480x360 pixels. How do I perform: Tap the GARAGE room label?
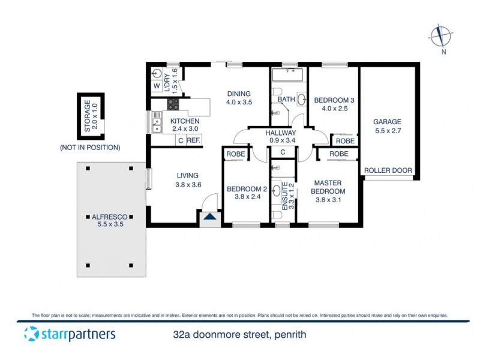coord(387,125)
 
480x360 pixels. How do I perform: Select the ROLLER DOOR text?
coord(388,170)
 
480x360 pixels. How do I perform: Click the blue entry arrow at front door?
coord(210,217)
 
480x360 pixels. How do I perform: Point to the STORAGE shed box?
coord(91,116)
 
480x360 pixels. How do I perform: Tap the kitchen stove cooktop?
coord(173,104)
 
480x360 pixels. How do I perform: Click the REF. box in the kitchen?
coord(193,140)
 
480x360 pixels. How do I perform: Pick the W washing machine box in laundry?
coord(156,86)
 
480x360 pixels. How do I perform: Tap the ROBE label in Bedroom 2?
coord(234,154)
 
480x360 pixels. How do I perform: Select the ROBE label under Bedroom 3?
coord(344,140)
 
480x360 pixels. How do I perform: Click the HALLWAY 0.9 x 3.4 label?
coord(281,137)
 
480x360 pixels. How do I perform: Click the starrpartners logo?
coord(70,334)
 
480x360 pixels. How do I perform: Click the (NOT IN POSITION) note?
coord(89,147)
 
